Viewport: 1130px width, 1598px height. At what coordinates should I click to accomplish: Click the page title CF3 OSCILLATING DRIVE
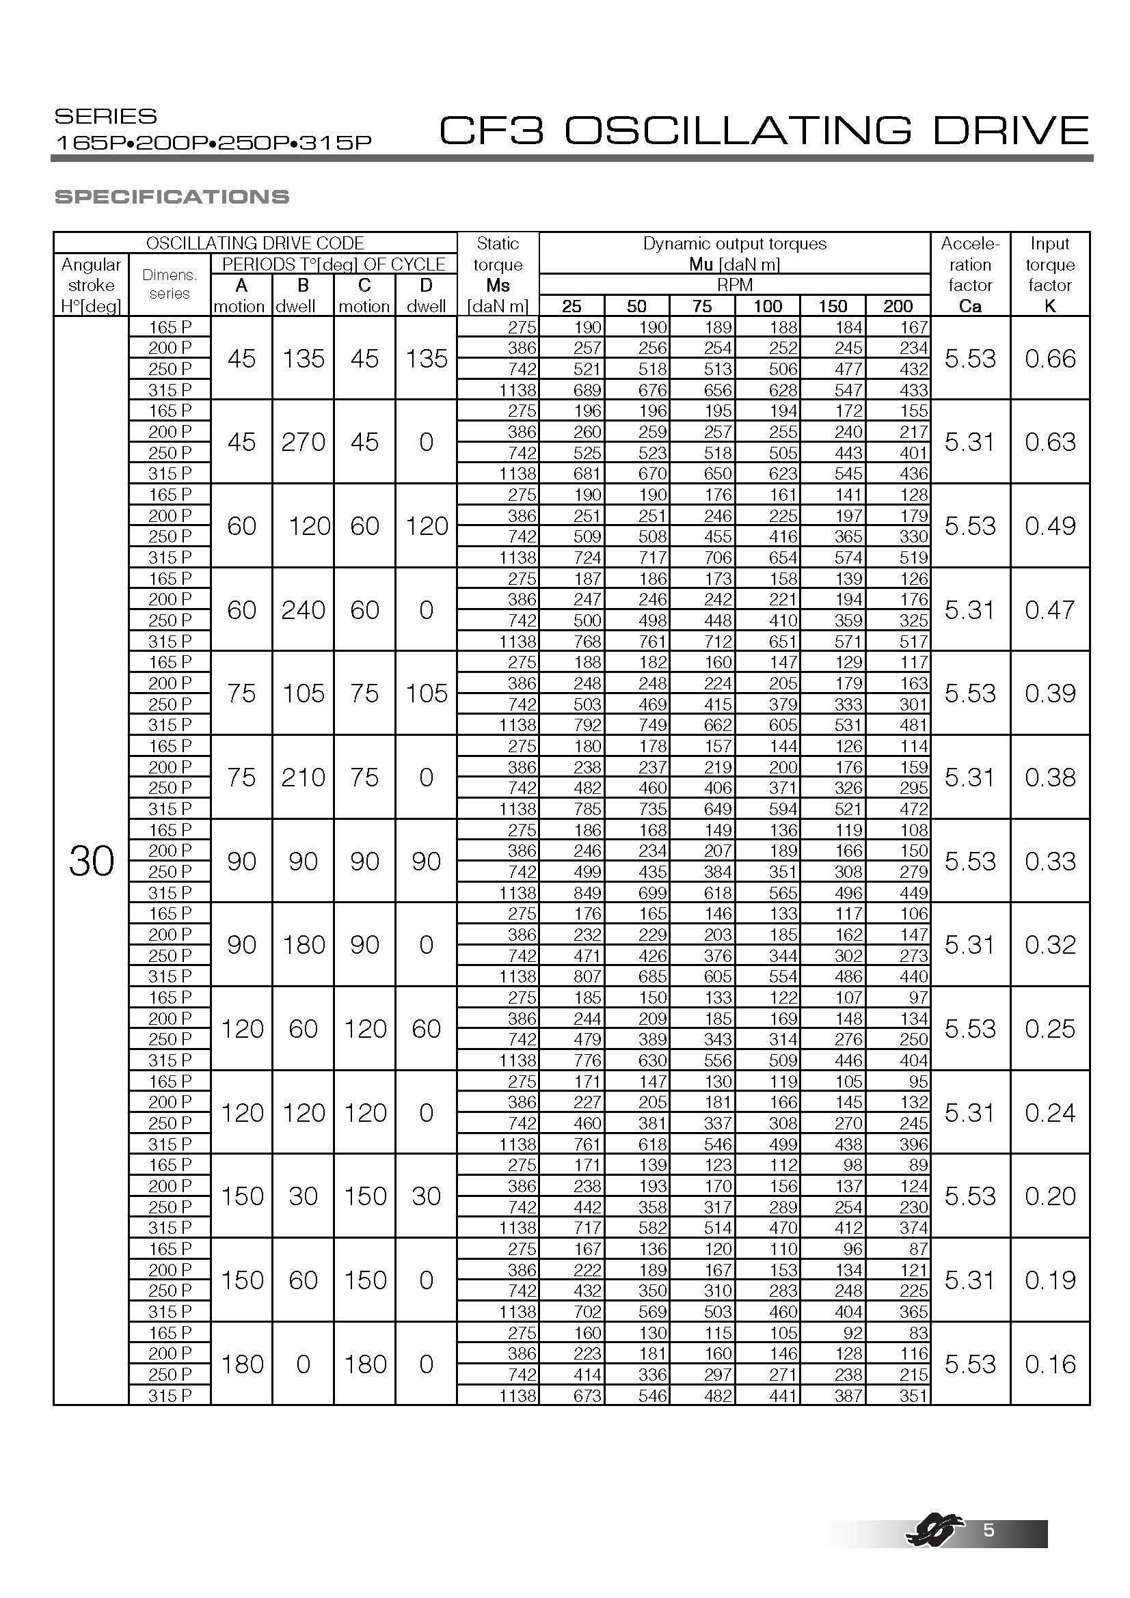(763, 130)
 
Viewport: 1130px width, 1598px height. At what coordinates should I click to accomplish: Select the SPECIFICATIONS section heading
(172, 197)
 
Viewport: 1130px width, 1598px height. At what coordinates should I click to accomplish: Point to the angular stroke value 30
(91, 862)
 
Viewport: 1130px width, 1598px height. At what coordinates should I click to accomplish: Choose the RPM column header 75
(702, 306)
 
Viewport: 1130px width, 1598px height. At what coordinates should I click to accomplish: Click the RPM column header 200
(898, 306)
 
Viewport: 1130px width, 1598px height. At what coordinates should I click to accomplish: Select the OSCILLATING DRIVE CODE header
(255, 243)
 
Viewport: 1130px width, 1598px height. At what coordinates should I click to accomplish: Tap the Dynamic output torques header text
(735, 244)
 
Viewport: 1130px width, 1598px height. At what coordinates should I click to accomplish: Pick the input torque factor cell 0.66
(1050, 359)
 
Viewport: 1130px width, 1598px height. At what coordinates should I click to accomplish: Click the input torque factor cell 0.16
(1050, 1364)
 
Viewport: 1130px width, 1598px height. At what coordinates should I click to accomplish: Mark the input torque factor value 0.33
(1050, 862)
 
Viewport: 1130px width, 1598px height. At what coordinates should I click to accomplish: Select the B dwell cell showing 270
(303, 442)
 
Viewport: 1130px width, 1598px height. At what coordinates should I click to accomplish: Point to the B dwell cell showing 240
(303, 610)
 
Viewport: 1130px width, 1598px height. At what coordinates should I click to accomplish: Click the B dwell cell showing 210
(303, 777)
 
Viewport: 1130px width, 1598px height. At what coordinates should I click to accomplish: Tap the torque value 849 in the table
(587, 893)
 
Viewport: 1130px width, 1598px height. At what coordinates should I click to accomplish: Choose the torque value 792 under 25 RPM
(587, 726)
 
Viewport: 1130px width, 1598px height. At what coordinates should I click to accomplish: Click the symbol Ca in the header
(970, 306)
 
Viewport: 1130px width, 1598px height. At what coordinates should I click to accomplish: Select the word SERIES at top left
(106, 116)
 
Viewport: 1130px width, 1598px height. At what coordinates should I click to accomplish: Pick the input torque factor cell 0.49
(1050, 526)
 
